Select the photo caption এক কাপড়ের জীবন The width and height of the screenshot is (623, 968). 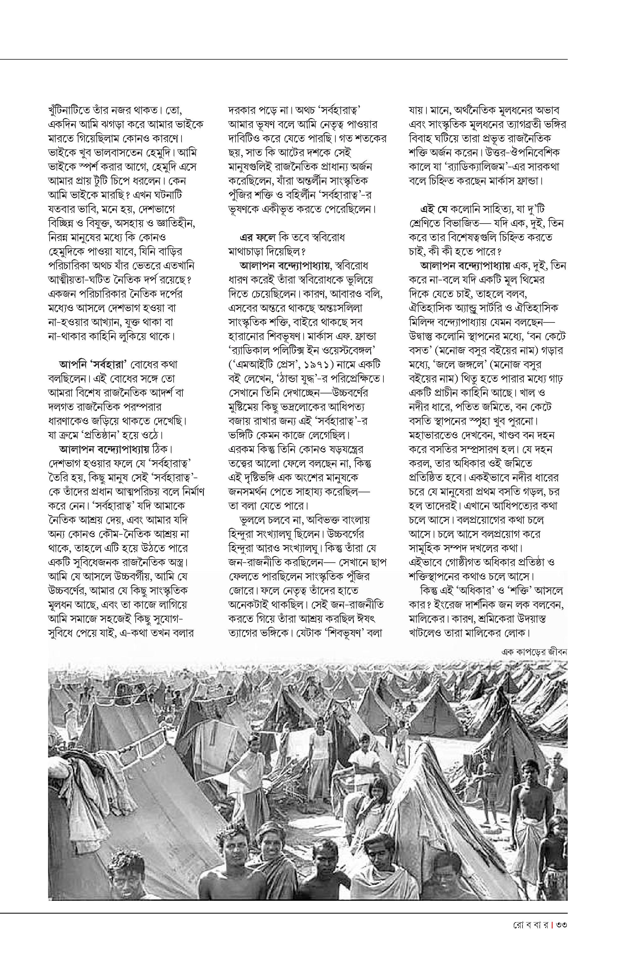(x=534, y=652)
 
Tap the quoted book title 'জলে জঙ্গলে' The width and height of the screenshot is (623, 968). (x=457, y=365)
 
